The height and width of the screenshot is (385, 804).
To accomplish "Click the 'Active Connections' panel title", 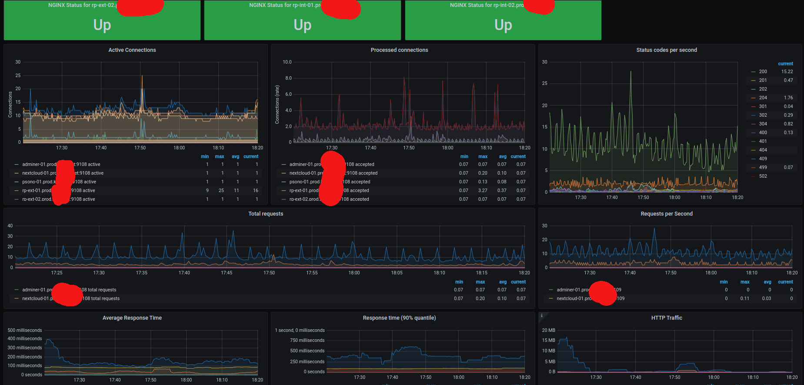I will (132, 50).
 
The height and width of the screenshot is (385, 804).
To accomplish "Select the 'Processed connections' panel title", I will (399, 50).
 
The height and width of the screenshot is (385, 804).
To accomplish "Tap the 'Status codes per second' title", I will (666, 50).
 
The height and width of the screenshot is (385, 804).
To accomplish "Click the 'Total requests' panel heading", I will (266, 214).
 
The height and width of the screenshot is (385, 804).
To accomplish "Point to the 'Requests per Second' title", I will (666, 214).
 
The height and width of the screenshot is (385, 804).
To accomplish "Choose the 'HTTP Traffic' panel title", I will (666, 318).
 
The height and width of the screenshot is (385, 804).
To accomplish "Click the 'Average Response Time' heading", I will (132, 318).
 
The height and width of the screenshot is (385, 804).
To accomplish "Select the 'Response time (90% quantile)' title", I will (399, 318).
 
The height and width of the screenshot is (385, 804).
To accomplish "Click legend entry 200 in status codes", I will (763, 72).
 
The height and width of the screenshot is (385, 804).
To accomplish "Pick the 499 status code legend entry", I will (763, 168).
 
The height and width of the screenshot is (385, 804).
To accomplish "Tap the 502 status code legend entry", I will (763, 176).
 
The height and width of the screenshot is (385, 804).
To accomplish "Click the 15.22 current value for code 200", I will (787, 72).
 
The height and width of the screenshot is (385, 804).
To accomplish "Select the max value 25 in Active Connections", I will (221, 191).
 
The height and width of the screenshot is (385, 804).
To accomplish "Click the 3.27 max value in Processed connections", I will (483, 191).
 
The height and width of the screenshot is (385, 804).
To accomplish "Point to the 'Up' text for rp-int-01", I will (302, 25).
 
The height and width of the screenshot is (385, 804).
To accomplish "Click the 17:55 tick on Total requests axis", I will (312, 273).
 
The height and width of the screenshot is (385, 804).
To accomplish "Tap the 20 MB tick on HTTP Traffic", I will (548, 331).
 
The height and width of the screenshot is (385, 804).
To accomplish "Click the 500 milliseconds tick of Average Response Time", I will (25, 331).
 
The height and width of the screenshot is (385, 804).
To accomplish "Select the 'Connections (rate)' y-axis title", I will (277, 105).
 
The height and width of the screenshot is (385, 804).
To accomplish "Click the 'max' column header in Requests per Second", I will (745, 282).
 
